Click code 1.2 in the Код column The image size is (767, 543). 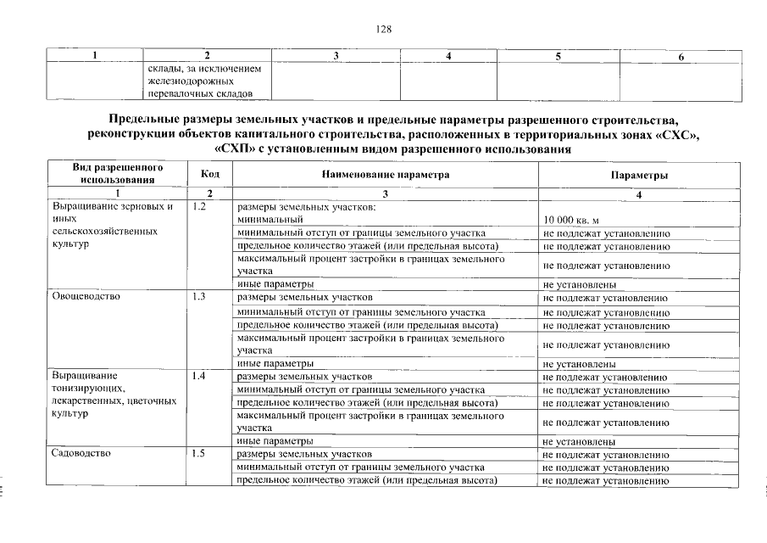point(200,206)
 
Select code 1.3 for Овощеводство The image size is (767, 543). point(200,298)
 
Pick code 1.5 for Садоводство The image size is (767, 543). point(200,454)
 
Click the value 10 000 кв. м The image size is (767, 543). point(571,220)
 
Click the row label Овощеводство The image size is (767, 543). point(86,298)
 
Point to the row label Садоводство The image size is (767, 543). point(82,454)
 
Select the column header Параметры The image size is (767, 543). point(639,174)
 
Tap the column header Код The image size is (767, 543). point(209,174)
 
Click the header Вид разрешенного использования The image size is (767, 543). point(117,173)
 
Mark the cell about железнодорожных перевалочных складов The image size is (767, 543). point(208,81)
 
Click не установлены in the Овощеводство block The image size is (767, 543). point(579,363)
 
